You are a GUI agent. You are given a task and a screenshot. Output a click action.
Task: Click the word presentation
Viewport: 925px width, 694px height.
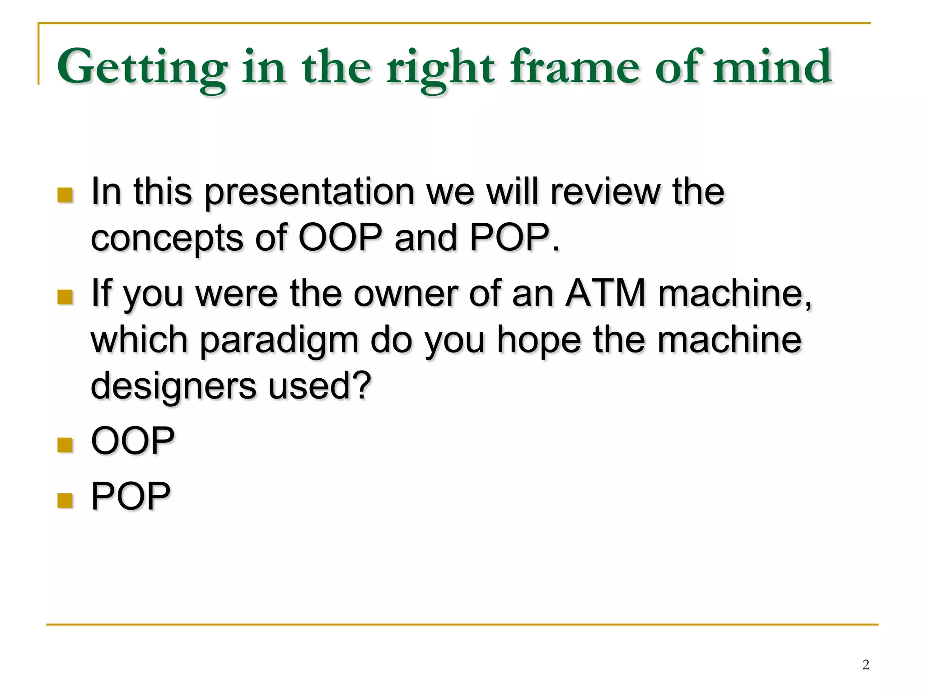click(309, 192)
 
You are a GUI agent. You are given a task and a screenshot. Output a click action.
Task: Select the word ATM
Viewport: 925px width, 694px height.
click(605, 293)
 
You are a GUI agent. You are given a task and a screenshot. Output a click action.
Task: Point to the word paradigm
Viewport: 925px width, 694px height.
click(279, 341)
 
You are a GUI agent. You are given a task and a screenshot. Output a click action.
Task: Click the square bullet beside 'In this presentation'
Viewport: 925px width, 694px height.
click(65, 195)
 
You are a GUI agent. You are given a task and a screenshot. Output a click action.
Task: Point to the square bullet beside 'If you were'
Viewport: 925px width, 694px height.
click(65, 297)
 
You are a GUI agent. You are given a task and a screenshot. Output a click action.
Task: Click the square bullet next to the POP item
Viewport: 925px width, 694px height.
click(65, 500)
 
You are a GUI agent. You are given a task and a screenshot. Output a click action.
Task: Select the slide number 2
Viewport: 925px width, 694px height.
click(865, 664)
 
